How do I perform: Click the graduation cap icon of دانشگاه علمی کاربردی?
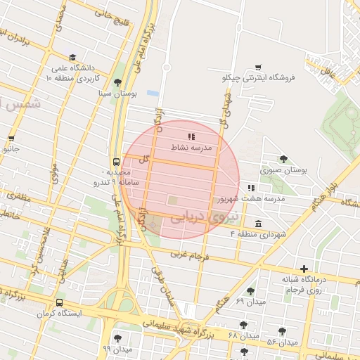[72, 58]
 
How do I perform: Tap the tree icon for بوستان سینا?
[117, 82]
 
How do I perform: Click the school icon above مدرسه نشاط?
[191, 136]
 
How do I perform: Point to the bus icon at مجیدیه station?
[116, 162]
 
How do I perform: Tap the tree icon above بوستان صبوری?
[283, 159]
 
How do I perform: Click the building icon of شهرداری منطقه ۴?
[259, 224]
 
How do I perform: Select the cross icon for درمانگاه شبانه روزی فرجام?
[304, 269]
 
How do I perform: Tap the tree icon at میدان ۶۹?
[250, 291]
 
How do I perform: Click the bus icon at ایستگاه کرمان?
[60, 302]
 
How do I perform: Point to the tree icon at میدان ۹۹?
[117, 338]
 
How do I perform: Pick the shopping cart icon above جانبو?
[11, 139]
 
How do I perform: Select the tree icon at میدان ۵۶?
[282, 331]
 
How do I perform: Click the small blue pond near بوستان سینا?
[153, 93]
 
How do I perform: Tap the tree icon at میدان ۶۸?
[243, 325]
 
